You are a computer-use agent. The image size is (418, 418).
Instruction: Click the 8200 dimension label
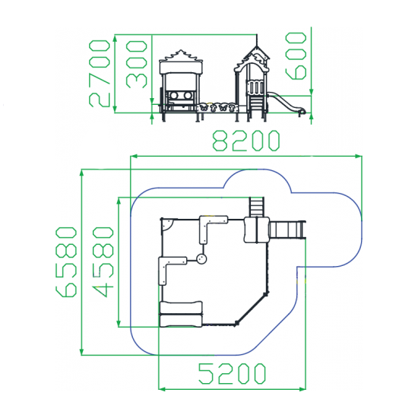(246, 141)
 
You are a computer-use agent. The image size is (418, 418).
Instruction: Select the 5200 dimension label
(232, 373)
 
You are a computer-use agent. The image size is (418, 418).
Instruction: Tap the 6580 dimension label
(66, 261)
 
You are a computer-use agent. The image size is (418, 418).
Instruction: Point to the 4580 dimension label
(103, 261)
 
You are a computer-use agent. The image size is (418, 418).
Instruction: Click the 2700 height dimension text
(99, 74)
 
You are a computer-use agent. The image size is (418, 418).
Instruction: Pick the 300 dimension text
(137, 65)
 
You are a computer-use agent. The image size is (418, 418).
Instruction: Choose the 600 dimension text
(296, 56)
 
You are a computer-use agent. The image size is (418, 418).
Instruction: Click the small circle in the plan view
(201, 258)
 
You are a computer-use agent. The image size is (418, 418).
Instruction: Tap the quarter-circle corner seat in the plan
(167, 224)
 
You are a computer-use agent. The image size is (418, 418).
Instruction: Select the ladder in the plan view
(256, 207)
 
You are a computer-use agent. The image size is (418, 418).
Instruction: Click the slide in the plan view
(287, 230)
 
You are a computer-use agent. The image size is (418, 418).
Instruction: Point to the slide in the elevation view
(287, 103)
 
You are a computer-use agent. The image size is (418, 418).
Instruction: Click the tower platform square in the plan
(256, 230)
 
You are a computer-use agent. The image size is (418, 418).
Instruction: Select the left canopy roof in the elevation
(181, 62)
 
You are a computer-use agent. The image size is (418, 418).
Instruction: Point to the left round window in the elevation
(173, 95)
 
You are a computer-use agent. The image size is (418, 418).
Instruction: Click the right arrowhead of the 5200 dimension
(302, 389)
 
